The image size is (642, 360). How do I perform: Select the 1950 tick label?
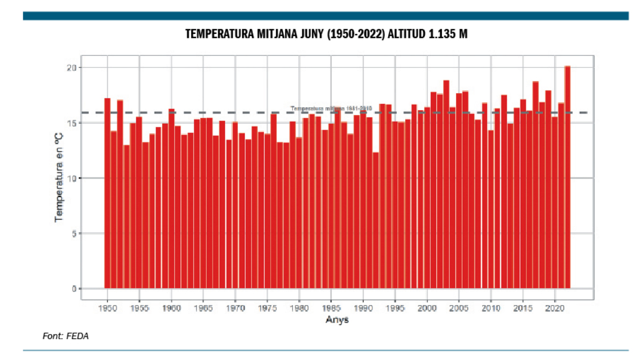(107, 309)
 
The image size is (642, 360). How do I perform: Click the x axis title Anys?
(337, 320)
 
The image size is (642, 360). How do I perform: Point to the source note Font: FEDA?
(66, 336)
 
